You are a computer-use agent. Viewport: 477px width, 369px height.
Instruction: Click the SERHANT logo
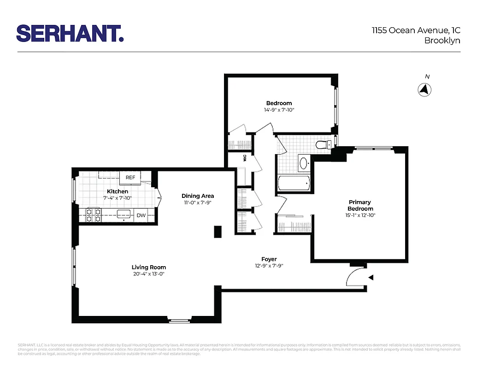pos(70,34)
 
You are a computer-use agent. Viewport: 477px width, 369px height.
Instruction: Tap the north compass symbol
pos(424,89)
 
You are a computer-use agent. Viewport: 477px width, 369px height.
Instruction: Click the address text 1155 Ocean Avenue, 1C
pos(416,31)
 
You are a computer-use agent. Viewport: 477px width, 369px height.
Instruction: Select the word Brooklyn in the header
pos(442,41)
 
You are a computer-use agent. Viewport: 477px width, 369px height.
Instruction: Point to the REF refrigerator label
pos(130,178)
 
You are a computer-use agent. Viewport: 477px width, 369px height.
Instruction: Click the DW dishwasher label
pos(141,215)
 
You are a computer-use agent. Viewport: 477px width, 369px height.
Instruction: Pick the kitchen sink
pos(123,214)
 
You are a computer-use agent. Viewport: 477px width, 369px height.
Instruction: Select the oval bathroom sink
pos(305,163)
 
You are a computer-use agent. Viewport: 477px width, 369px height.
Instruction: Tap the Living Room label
pos(148,268)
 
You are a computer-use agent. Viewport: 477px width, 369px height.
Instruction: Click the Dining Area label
pos(198,196)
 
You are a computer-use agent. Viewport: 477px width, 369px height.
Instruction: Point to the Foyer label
pos(269,259)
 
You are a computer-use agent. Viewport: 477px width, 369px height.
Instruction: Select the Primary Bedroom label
pos(359,205)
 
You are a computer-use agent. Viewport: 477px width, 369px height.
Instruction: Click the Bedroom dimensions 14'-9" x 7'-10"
pos(279,110)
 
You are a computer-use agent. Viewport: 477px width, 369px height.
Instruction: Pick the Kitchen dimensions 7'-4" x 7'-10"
pos(117,198)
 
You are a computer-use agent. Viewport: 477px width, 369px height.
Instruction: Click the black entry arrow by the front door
pos(371,277)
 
